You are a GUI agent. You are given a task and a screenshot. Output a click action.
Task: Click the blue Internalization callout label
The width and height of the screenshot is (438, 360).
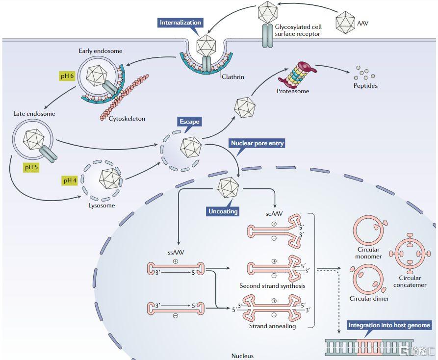point(180,23)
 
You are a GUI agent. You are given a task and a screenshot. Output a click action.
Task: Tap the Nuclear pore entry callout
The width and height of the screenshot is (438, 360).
point(257,144)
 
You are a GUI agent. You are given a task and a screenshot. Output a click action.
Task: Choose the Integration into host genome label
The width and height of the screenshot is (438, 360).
point(389,325)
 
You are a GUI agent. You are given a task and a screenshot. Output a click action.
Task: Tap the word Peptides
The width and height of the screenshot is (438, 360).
point(365,86)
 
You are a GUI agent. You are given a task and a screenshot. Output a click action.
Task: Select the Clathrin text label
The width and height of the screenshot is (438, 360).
point(232,77)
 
